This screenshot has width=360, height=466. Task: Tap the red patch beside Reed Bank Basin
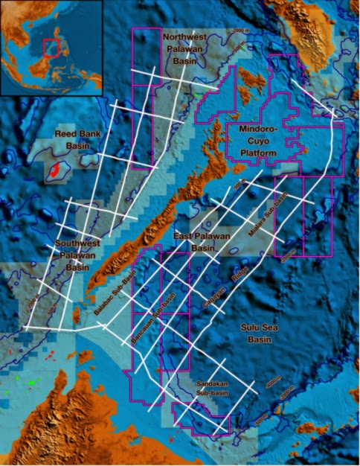point(56,170)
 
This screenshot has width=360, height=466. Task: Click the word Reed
point(66,134)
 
